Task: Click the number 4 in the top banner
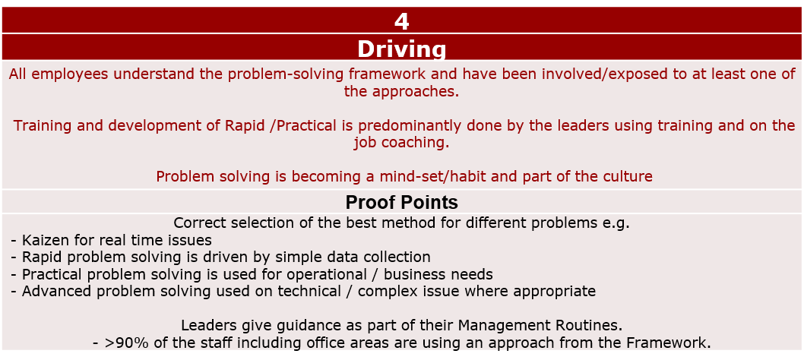402,21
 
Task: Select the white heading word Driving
402,49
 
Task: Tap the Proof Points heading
401,203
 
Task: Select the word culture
628,176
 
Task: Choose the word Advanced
56,292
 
